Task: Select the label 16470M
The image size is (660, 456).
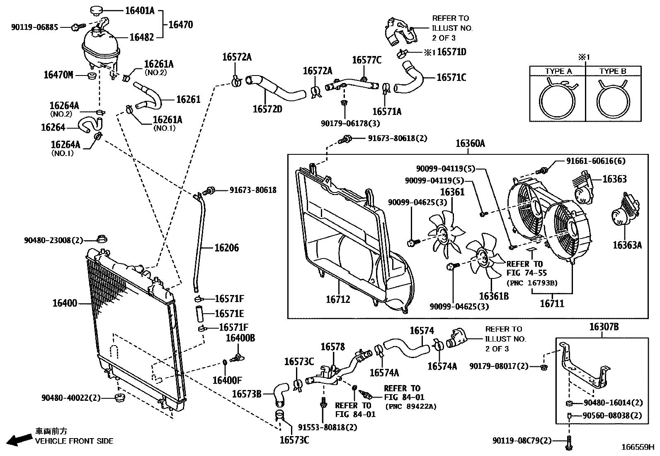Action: [58, 75]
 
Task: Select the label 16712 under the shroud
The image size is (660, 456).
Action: [338, 299]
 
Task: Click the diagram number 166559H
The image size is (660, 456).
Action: [638, 448]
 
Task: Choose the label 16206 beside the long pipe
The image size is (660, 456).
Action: [226, 248]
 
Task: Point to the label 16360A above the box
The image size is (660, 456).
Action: [470, 144]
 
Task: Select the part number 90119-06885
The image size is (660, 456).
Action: [34, 27]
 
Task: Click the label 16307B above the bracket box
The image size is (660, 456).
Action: [604, 327]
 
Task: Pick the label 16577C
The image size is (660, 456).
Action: [366, 60]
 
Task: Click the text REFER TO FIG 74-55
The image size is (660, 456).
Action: [524, 268]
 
